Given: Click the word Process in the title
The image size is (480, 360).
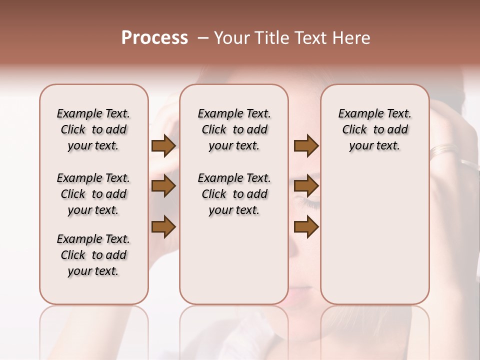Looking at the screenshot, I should (154, 38).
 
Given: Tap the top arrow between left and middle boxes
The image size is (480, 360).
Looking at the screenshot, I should (163, 146).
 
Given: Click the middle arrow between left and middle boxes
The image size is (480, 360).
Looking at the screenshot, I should (163, 186).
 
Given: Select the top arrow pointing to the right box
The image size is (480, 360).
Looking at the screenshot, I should (306, 146).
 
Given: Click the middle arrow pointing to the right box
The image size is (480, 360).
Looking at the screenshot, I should (306, 186).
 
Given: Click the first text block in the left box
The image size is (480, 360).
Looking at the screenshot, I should (93, 129).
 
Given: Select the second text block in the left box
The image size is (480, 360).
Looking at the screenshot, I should (93, 194).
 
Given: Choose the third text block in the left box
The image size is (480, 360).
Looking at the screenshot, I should (93, 255).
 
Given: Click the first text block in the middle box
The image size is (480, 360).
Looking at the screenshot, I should (234, 129).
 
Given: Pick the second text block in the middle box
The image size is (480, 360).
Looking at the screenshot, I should (234, 194).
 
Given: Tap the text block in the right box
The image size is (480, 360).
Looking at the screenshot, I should (374, 129).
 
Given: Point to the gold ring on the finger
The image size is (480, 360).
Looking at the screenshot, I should (443, 148).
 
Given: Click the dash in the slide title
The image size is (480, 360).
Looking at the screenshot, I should (203, 38).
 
